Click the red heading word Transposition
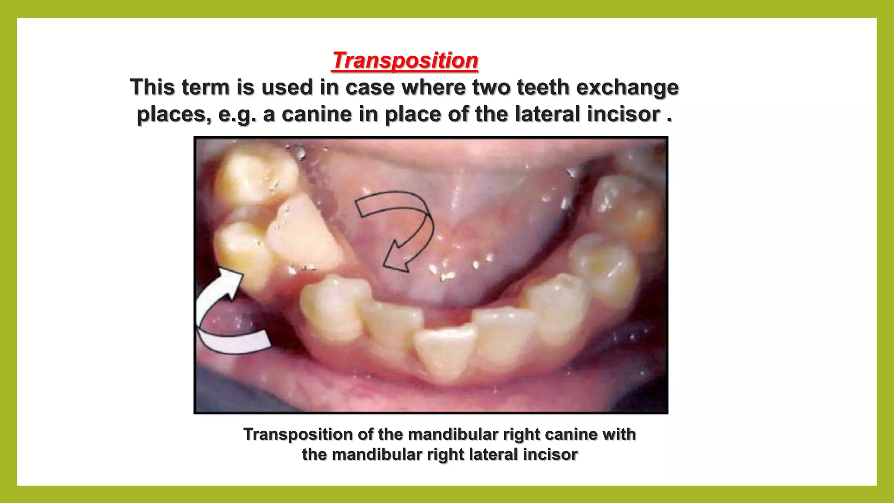tap(405, 60)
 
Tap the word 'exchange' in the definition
tap(627, 87)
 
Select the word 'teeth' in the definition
tap(540, 87)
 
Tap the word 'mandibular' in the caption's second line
tap(377, 455)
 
